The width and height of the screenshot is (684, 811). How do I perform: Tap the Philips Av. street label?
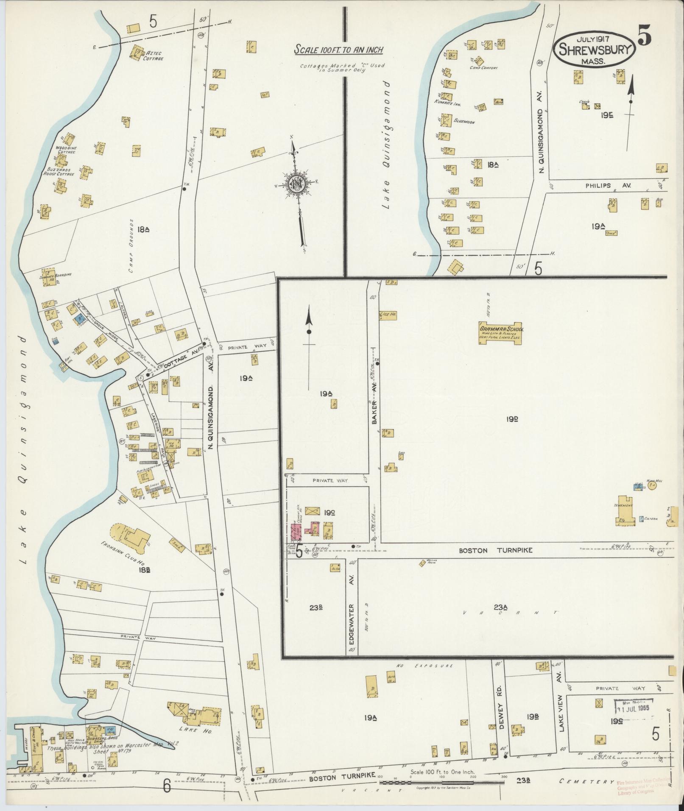pyautogui.click(x=609, y=186)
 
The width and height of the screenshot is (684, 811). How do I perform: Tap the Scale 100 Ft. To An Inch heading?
pyautogui.click(x=339, y=50)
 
